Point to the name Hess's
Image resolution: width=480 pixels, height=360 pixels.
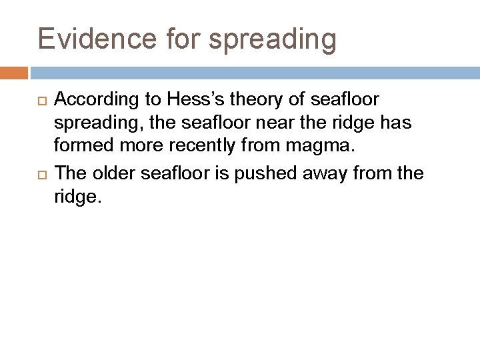193,100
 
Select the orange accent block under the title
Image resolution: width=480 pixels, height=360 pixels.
14,73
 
